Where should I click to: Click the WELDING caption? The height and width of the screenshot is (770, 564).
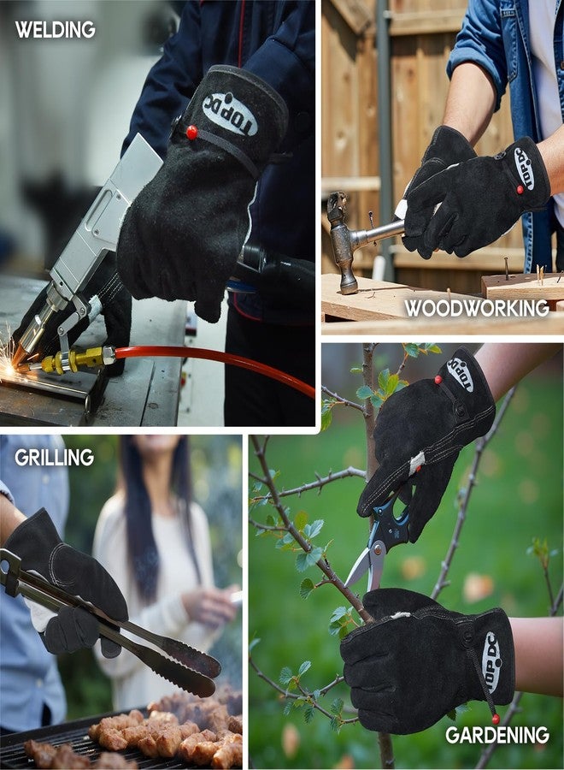(56, 30)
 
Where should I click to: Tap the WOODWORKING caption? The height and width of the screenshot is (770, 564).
(476, 308)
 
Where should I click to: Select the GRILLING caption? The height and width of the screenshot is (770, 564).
(54, 458)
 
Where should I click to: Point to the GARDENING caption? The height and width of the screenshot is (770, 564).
(497, 735)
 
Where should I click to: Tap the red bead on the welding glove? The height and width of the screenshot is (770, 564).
(191, 132)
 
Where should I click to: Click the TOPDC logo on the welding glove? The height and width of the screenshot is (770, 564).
(229, 115)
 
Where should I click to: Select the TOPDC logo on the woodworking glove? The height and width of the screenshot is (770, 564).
(524, 168)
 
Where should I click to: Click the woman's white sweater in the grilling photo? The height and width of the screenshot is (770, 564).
(150, 616)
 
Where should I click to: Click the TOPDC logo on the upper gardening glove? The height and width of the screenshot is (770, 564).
(460, 374)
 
